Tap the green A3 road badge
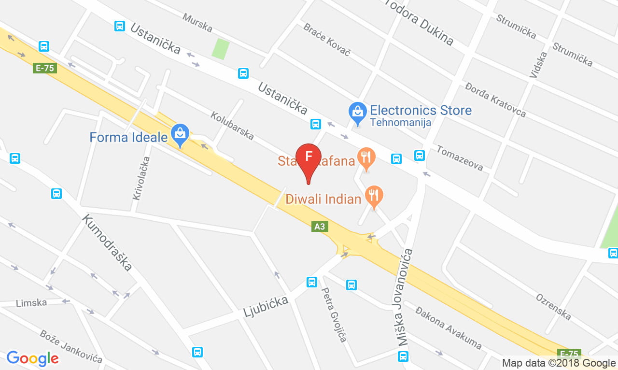pos(319,226)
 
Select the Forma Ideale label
pos(128,137)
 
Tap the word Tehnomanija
pos(400,123)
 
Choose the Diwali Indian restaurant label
pos(323,199)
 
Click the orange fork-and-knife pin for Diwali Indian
pos(374,195)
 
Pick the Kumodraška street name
pos(107,242)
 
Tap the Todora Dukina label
pos(419,22)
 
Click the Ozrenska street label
pos(553,306)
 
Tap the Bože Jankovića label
pos(71,346)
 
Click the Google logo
pos(32,358)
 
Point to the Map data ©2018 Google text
pos(559,363)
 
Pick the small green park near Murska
pos(220,49)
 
